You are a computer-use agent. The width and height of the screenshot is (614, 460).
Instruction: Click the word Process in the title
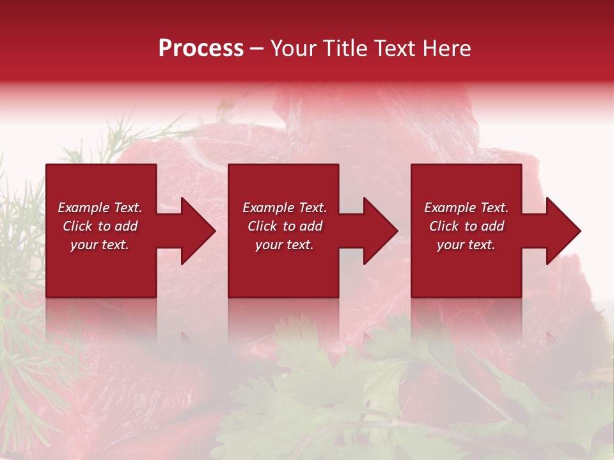pos(201,49)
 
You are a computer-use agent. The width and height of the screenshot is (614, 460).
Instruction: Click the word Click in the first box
pos(77,226)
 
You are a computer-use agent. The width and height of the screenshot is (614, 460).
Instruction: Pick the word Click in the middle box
pos(262,226)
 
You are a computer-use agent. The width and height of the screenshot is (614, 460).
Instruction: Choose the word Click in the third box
pos(444,226)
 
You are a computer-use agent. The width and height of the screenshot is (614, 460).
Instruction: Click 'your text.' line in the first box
pos(100,245)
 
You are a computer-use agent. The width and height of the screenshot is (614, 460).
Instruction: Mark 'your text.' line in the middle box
pos(285,245)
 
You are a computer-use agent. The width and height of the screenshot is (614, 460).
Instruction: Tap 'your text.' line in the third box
pos(466,245)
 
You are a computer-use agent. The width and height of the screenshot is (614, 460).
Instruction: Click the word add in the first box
pos(126,226)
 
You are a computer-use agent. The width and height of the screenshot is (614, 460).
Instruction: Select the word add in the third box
pos(492,226)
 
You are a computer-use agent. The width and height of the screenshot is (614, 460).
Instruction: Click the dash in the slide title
pos(257,49)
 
